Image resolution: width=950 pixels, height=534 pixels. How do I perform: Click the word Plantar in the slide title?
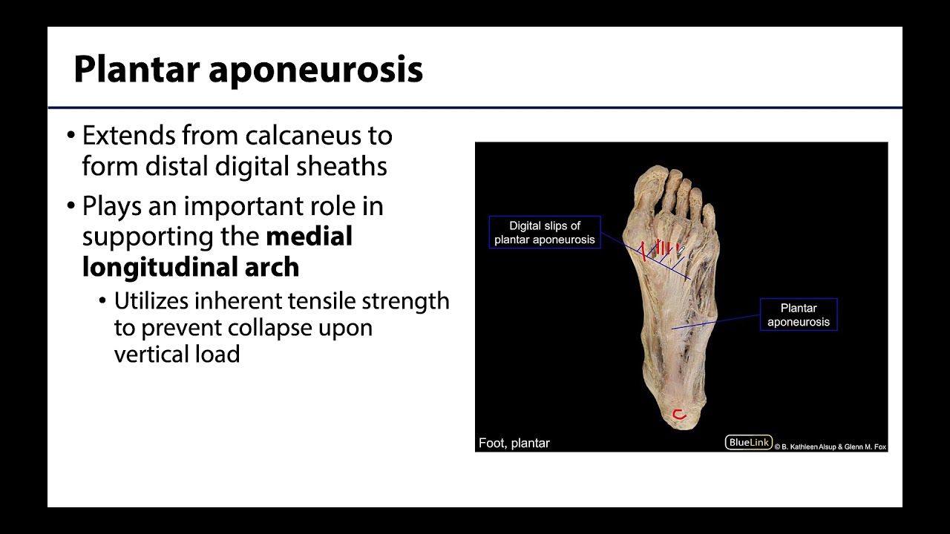point(137,70)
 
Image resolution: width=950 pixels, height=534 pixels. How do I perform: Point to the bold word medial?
point(309,237)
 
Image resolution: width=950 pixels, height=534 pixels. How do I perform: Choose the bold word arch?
point(274,267)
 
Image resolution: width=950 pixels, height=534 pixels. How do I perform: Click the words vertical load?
point(177,354)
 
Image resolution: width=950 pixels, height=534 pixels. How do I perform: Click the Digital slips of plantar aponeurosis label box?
point(544,232)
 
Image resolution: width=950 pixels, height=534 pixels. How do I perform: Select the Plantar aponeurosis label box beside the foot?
point(799,314)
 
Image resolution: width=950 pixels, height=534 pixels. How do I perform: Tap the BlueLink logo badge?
point(748,443)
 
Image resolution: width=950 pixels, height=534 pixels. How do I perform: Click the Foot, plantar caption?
point(514,444)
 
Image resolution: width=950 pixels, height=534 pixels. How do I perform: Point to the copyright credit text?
point(831,446)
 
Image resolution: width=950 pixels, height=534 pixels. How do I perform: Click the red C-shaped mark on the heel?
point(678,415)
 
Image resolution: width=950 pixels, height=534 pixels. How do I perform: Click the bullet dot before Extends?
point(71,136)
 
